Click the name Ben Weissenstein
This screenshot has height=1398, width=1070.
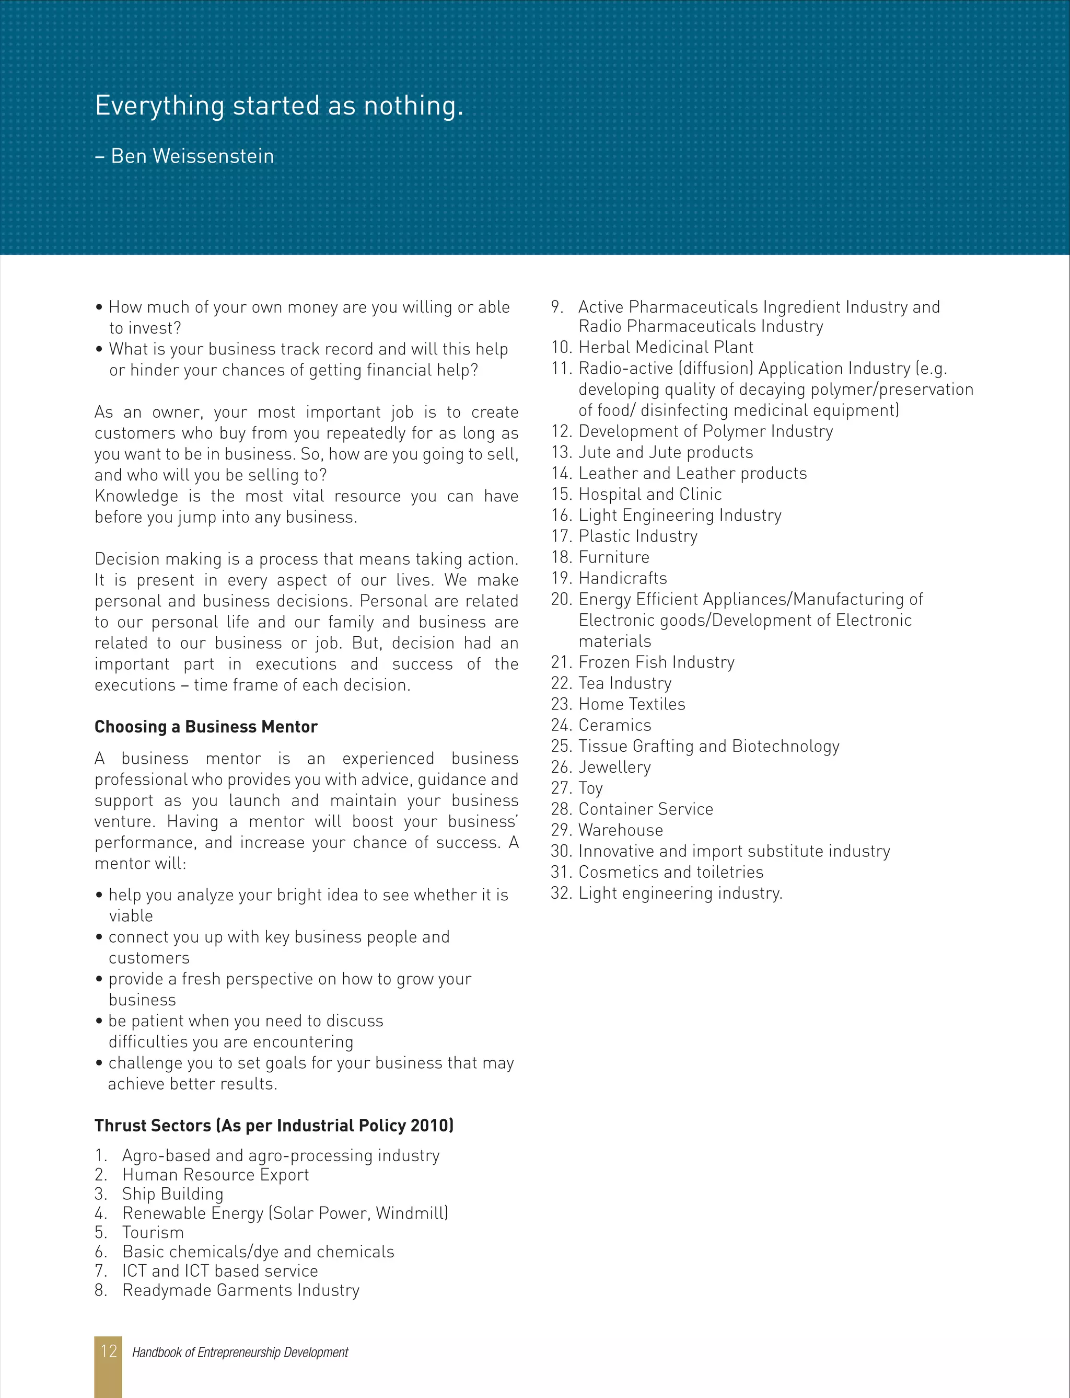point(192,156)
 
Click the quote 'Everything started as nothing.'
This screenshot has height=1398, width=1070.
point(279,106)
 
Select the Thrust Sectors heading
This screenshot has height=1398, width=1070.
point(274,1125)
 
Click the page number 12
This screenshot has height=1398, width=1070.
point(108,1351)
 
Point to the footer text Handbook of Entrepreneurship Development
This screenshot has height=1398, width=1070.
point(240,1352)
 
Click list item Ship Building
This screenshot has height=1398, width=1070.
point(172,1194)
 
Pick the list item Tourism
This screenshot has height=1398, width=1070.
point(153,1232)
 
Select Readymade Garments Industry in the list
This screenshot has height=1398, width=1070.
point(241,1290)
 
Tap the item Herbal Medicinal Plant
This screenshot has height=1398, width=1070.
point(666,347)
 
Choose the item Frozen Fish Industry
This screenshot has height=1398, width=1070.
point(656,662)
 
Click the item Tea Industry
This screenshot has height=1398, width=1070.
point(625,683)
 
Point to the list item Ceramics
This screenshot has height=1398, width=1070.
point(614,725)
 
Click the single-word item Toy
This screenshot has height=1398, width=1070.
point(590,788)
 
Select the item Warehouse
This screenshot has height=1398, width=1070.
point(620,830)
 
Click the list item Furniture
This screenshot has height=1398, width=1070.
point(613,557)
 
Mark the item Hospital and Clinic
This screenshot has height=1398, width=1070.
point(649,495)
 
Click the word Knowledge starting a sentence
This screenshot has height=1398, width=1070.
point(136,496)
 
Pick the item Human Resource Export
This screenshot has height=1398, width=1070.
point(215,1174)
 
